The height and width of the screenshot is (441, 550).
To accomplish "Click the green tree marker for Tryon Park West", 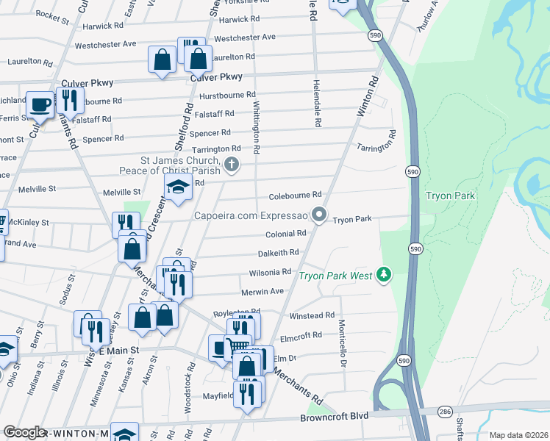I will point(382,275).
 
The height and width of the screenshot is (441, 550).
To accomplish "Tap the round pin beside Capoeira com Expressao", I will point(318,215).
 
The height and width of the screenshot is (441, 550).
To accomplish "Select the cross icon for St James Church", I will point(232,164).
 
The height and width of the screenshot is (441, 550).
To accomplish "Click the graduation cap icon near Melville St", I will point(178,188).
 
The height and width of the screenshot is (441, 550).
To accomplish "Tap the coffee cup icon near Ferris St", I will point(40,104).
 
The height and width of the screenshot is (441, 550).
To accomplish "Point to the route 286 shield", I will point(445,412).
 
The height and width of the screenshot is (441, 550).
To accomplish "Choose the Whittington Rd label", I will point(256,127).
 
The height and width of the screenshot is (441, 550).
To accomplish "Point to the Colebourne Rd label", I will point(295,195).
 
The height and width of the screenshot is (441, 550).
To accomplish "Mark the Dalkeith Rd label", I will point(278,252).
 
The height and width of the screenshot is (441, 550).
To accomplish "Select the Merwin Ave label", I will point(262,291).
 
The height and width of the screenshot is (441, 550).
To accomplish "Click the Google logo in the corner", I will point(24,432).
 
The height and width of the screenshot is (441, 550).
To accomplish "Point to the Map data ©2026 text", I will point(518,435).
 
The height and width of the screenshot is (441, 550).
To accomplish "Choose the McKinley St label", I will point(29,222).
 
